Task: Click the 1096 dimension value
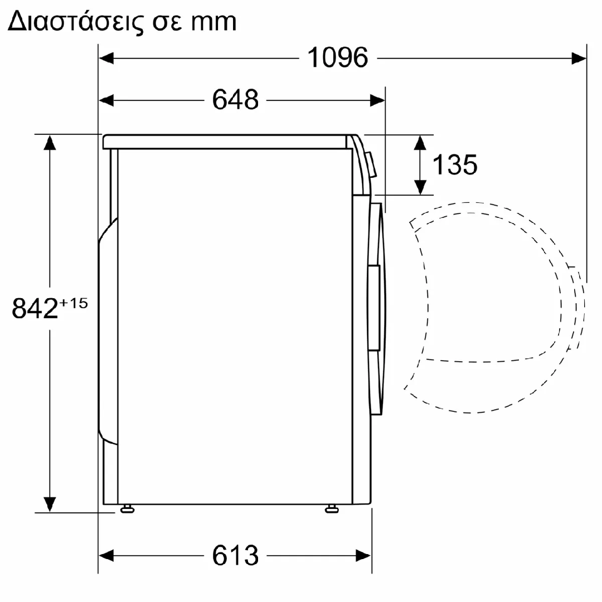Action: point(338,57)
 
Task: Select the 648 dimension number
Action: point(235,100)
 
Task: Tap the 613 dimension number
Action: point(235,555)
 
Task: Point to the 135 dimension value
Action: point(455,164)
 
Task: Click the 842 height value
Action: point(35,308)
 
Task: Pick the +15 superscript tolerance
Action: point(74,303)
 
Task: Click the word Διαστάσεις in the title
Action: point(75,21)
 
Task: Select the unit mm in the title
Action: point(213,22)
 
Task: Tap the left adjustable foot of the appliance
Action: point(127,509)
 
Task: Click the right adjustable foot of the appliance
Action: point(332,509)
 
